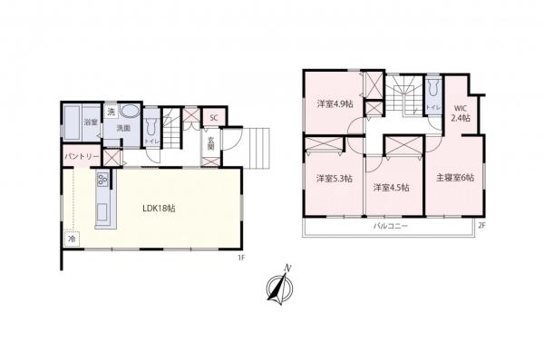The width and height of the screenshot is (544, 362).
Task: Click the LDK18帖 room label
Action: click(x=159, y=208)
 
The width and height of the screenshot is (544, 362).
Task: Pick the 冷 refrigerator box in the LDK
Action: click(x=72, y=239)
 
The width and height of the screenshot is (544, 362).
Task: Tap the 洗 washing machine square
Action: click(x=111, y=112)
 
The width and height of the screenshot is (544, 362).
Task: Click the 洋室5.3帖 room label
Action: click(x=332, y=178)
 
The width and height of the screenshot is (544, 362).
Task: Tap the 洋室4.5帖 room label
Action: click(x=391, y=187)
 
